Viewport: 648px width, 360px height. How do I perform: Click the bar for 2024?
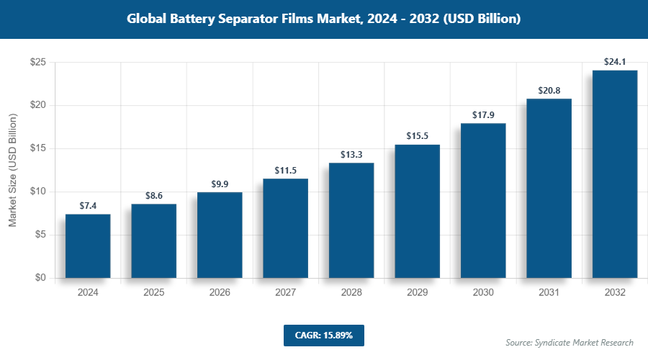click(88, 246)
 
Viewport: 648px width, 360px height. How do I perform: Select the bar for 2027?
click(285, 228)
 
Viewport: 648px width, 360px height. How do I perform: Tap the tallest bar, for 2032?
click(614, 174)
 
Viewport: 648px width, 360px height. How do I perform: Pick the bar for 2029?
click(417, 211)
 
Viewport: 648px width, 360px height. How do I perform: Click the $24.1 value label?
click(614, 62)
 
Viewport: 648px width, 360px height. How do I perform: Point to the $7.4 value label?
click(88, 206)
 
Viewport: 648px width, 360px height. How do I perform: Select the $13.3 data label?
click(351, 155)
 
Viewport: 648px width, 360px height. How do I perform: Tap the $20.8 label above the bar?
click(549, 91)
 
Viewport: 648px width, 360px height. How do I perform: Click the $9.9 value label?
click(220, 184)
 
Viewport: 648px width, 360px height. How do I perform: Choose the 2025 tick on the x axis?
click(153, 292)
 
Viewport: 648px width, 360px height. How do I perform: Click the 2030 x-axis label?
click(482, 292)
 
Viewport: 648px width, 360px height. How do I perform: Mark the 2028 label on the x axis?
click(351, 292)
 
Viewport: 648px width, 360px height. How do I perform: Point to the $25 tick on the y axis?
click(38, 63)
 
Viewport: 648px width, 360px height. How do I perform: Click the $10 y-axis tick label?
click(38, 192)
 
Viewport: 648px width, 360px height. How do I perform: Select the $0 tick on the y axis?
click(40, 278)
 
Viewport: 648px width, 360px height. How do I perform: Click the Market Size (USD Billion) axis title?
click(13, 170)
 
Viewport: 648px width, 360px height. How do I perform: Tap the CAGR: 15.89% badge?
click(323, 336)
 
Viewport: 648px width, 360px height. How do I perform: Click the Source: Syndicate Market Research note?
click(570, 343)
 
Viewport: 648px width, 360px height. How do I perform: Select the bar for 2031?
click(549, 188)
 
